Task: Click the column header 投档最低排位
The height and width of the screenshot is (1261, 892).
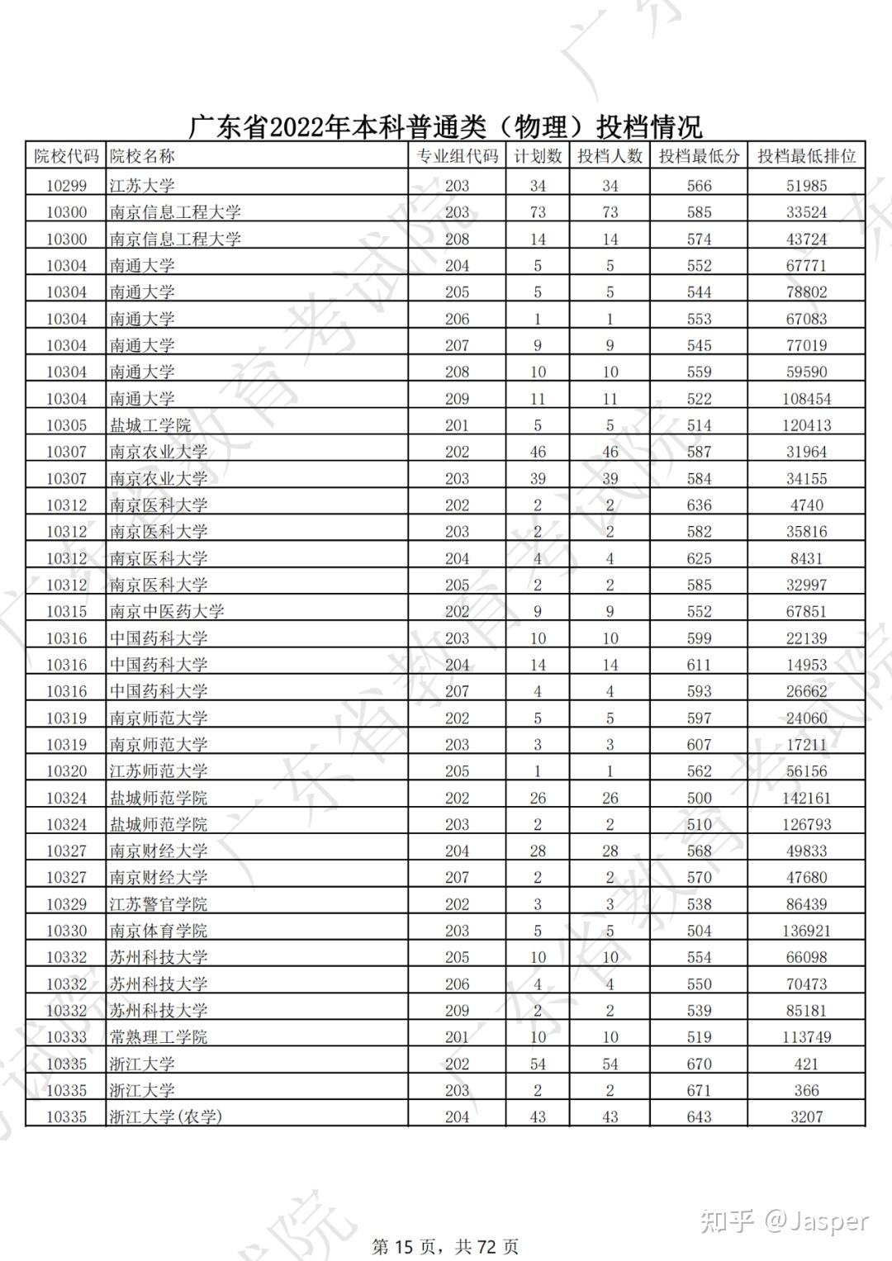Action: click(806, 156)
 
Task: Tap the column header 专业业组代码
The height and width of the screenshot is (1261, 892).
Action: click(457, 156)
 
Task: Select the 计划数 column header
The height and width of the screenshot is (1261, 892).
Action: click(538, 156)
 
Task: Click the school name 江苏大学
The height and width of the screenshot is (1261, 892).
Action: click(142, 186)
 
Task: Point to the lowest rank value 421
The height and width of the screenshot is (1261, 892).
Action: click(806, 1064)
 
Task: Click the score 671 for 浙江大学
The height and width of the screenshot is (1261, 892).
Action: click(699, 1090)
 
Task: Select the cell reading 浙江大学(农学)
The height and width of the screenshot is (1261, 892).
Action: click(166, 1116)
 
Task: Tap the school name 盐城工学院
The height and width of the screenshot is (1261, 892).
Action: click(150, 425)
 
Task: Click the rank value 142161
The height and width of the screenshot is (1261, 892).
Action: click(806, 798)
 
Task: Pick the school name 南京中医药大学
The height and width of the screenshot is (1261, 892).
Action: click(167, 611)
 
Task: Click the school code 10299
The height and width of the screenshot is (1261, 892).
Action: click(66, 186)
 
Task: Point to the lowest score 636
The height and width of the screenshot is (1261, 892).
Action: click(699, 505)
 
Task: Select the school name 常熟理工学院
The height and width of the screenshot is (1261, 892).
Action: click(159, 1037)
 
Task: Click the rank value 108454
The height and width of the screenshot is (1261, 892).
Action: click(806, 399)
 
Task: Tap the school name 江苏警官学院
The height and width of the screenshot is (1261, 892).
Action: click(159, 904)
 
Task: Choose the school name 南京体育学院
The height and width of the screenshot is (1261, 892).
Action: click(159, 931)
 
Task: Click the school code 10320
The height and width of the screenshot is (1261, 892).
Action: click(66, 771)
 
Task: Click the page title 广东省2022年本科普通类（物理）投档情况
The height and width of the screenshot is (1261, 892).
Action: click(446, 126)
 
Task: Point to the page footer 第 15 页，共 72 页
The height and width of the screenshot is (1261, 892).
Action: click(446, 1245)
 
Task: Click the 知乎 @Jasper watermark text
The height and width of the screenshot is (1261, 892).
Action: click(785, 1221)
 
